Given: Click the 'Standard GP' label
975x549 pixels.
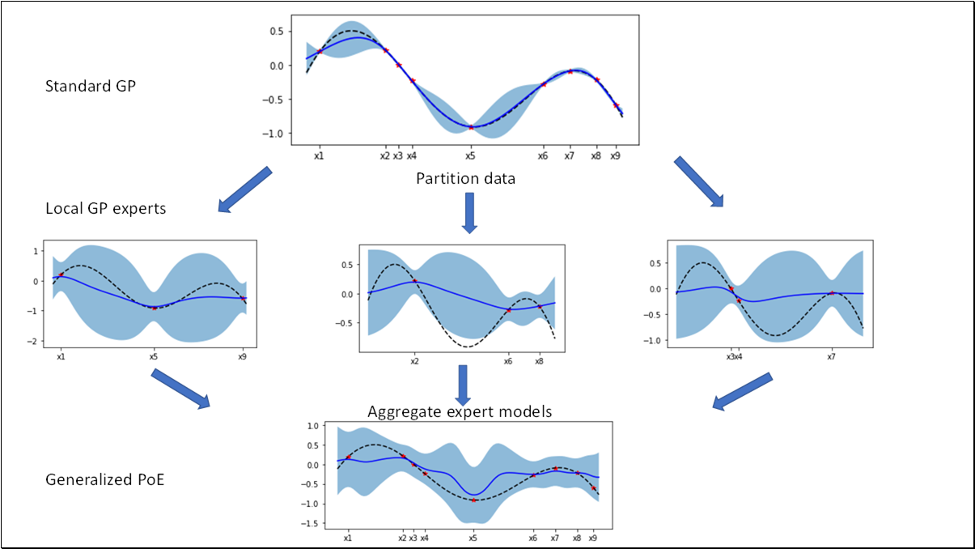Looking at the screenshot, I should tap(91, 85).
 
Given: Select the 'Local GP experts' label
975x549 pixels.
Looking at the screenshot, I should tap(106, 208).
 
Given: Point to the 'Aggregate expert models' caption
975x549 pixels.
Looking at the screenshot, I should tap(460, 411).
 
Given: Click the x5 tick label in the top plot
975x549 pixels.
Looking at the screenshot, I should tap(470, 155).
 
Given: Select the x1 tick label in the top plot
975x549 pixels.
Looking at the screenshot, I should tap(319, 155).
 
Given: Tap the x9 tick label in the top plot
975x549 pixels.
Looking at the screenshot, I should tap(615, 155).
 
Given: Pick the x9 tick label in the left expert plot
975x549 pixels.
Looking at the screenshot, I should tap(242, 355).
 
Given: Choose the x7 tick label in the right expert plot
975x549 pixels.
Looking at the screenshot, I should tap(831, 355).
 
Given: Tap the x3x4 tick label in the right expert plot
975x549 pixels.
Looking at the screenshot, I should tap(734, 355).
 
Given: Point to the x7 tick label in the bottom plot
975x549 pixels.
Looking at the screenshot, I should tap(555, 537).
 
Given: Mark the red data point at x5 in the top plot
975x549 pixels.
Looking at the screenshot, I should tap(471, 127).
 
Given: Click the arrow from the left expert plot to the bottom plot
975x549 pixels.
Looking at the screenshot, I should tap(180, 388).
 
